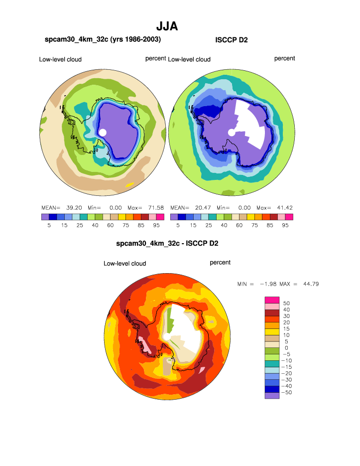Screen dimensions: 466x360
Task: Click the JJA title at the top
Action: (167, 26)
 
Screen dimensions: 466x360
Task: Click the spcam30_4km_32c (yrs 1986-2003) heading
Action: (103, 39)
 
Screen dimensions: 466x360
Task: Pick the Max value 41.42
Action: (284, 207)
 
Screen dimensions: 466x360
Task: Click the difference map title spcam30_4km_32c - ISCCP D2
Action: (167, 244)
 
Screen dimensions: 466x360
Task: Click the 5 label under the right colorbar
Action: (178, 225)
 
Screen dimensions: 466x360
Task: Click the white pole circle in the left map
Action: (103, 132)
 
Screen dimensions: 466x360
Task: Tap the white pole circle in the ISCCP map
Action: (232, 132)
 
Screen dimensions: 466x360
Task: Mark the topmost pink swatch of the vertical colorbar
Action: (269, 299)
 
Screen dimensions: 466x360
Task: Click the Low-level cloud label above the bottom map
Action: (124, 263)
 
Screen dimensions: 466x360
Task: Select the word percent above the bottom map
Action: (220, 262)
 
